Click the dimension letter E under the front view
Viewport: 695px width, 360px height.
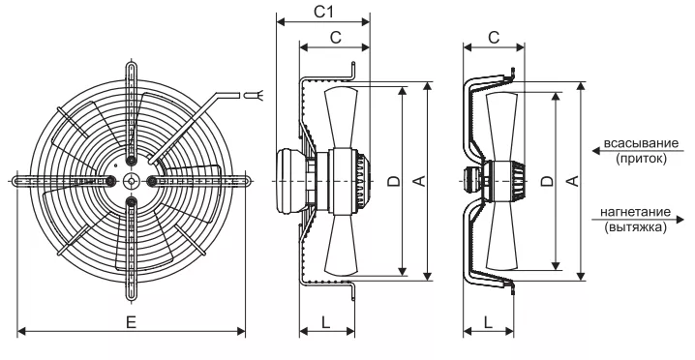[131, 322]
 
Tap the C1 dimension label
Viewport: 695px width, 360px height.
[323, 12]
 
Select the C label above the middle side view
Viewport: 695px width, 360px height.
[336, 38]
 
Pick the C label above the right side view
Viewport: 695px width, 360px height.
[494, 38]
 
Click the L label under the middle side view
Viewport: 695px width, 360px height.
[326, 322]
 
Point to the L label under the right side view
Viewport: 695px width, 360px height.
[488, 322]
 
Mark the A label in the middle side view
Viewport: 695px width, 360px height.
[419, 180]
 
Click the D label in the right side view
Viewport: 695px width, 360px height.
[548, 180]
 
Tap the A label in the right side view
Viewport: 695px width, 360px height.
[573, 180]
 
